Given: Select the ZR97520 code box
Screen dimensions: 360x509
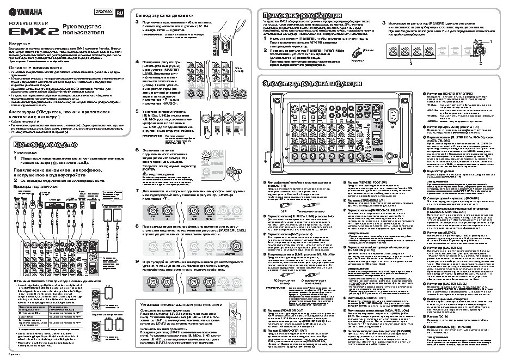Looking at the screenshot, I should pos(104,11).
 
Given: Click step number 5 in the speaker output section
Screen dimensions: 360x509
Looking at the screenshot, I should pos(137,111).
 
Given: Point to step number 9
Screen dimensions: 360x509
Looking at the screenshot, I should pos(137,247).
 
